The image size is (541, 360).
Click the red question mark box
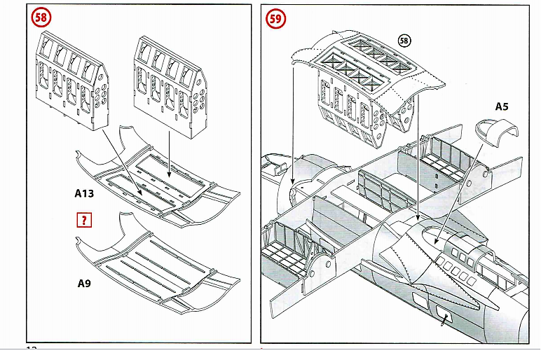pyautogui.click(x=85, y=221)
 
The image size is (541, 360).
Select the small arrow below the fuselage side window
pyautogui.click(x=444, y=321)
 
